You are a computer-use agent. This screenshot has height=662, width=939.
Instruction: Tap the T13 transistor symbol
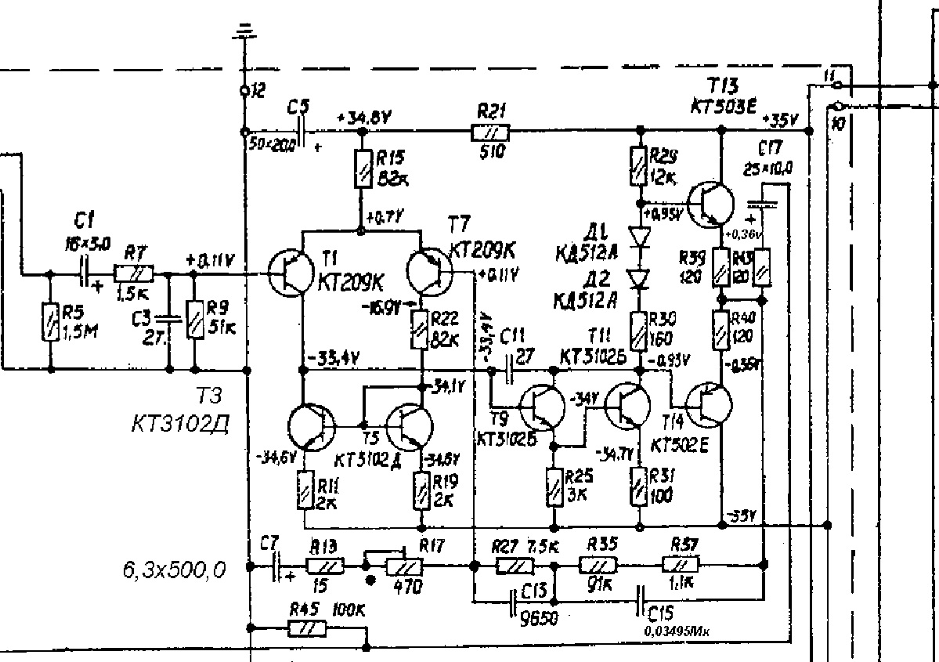710,203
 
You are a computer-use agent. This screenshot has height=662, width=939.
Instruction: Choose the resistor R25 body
554,488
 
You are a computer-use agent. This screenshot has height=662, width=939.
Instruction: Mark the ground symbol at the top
245,31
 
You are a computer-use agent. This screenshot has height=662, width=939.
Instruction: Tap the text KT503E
724,104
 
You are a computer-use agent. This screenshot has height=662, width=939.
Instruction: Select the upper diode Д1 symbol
641,236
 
